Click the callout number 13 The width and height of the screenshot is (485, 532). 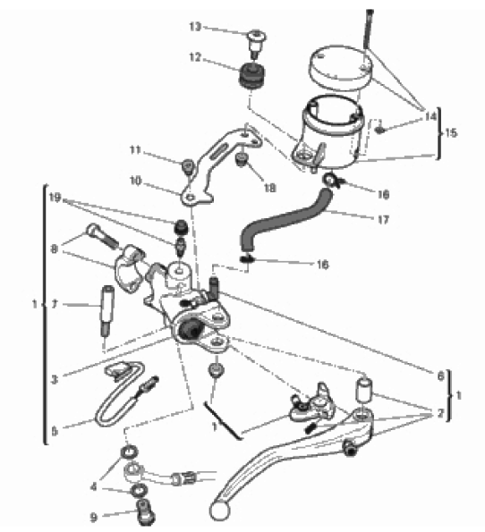(195, 27)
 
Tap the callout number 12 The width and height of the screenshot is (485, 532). (195, 57)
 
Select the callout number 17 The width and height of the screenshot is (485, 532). (383, 220)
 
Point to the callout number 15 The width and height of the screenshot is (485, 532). (451, 132)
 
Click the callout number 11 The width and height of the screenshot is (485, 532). (135, 149)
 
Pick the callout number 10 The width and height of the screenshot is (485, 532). (135, 181)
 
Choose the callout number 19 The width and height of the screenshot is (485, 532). (55, 198)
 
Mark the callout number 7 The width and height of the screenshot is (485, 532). (55, 304)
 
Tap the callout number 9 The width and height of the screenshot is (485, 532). (94, 518)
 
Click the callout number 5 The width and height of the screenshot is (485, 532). (55, 432)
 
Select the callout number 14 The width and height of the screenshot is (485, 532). (430, 116)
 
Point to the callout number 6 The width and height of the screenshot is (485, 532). (441, 376)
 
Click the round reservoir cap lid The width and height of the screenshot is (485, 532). (340, 68)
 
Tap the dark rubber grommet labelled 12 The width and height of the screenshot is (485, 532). (252, 77)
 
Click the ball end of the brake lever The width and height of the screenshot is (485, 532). (219, 511)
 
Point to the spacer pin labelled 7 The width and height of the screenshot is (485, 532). (106, 310)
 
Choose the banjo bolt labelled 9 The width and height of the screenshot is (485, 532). (146, 511)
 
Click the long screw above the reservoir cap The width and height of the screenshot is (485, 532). (369, 30)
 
